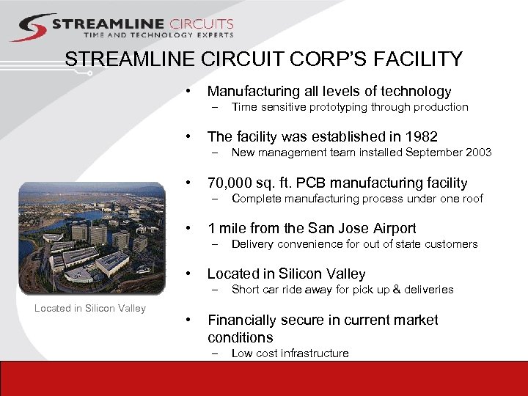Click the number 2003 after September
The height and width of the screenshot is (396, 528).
(x=478, y=153)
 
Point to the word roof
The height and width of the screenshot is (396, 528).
(x=472, y=198)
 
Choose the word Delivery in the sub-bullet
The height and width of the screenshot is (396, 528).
(x=252, y=244)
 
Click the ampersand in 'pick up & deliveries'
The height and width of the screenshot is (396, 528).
(x=394, y=290)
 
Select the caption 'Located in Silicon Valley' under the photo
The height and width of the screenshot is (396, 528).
(x=90, y=308)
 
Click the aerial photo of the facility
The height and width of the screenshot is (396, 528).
(x=92, y=233)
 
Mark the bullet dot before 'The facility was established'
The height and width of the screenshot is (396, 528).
(x=189, y=136)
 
